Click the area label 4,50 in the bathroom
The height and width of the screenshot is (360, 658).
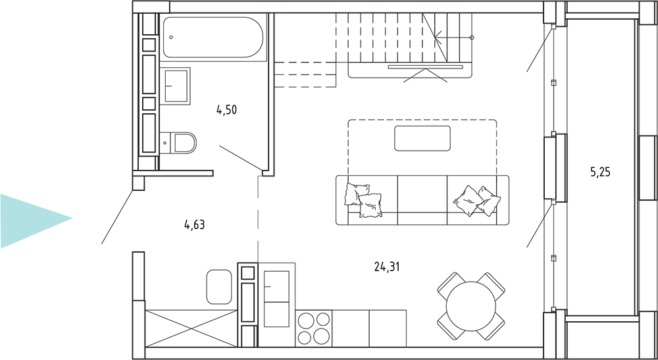pos(226,111)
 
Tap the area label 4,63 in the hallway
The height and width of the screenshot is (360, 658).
pos(194,225)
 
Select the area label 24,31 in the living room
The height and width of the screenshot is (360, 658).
pos(387,266)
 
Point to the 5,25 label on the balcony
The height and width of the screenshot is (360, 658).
pos(601,172)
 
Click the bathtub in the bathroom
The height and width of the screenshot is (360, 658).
pos(213,38)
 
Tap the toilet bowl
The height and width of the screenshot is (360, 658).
pos(178,143)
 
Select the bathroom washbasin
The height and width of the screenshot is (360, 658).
pos(175,86)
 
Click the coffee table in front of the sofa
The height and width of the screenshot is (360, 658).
pos(422,138)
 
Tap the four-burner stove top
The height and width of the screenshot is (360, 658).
pos(313,328)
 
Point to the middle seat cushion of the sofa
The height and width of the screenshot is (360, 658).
pos(422,200)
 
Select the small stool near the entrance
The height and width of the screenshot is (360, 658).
pos(219,287)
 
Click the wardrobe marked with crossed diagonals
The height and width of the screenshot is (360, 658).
pos(191,328)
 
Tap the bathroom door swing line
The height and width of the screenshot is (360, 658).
pos(241,158)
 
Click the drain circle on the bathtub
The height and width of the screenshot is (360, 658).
pos(171,38)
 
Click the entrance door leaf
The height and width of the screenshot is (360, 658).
pos(118,217)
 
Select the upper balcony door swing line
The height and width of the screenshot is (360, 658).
pos(540,49)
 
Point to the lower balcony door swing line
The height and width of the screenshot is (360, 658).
pos(540,225)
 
